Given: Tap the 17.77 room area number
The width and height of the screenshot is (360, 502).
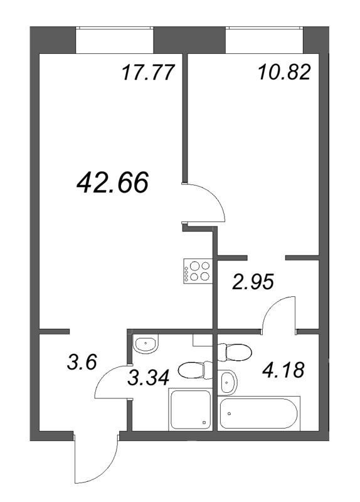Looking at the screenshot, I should pos(146,73).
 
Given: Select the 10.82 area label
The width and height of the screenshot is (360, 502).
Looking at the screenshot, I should pos(283,73).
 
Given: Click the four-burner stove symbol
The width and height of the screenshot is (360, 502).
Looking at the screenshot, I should pos(197,271).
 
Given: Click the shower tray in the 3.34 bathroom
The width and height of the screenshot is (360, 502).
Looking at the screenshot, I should pos(191,409).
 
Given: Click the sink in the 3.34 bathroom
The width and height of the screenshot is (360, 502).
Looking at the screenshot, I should pos(146,343).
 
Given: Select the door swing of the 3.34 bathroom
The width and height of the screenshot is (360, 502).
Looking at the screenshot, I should pos(113,382).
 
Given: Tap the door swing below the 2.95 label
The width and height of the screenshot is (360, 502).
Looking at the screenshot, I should pos(279,314).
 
